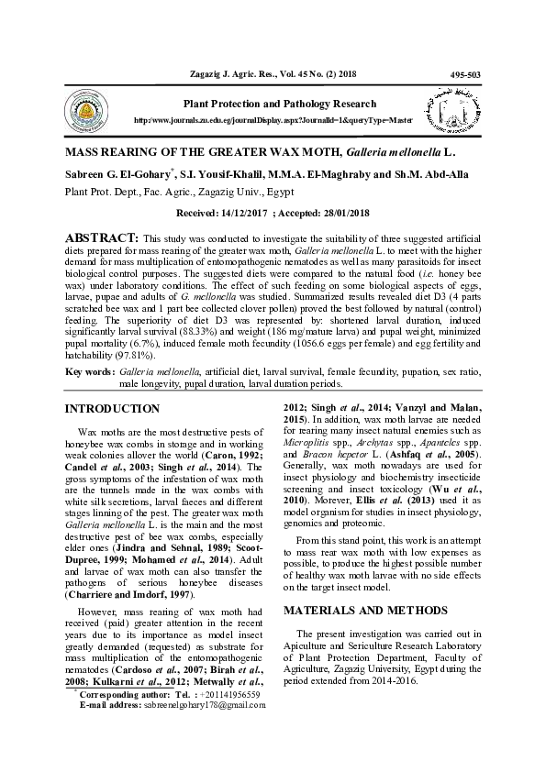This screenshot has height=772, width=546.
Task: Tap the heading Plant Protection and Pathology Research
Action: pos(280,105)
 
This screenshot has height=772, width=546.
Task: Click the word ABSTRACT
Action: pos(100,237)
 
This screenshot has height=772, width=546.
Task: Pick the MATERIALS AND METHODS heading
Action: pos(360,610)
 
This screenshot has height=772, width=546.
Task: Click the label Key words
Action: pos(88,371)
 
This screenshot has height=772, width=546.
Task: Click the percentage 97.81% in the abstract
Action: pos(122,355)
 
